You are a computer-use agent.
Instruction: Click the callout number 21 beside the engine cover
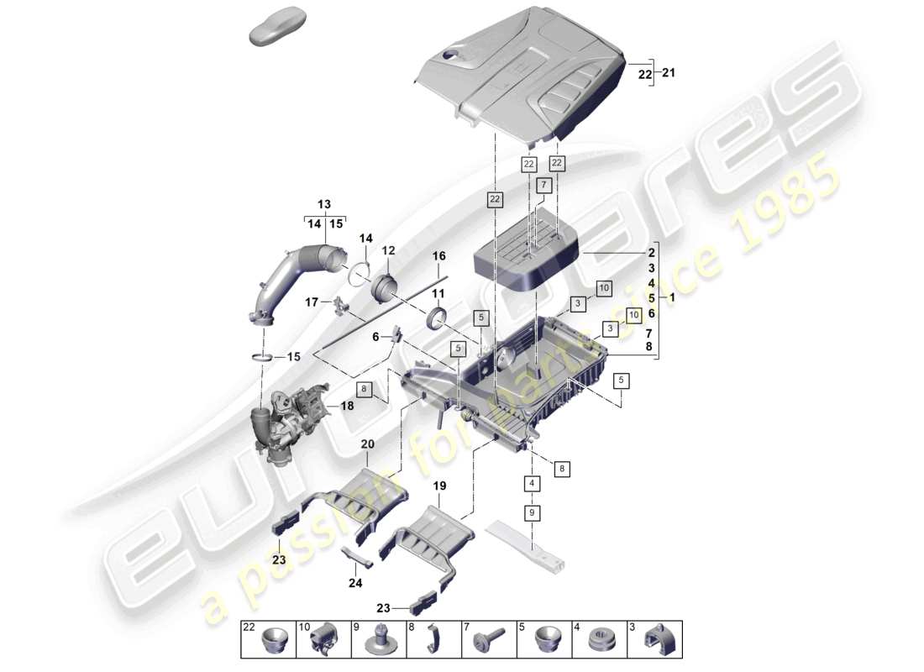[669, 73]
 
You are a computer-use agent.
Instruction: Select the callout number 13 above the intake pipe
[323, 205]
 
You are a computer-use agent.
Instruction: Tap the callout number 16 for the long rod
[438, 256]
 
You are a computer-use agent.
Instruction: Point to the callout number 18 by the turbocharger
[347, 406]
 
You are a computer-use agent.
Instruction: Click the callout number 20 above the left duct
[367, 444]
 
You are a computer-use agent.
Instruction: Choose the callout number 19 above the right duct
[439, 486]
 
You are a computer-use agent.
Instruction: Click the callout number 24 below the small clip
[355, 582]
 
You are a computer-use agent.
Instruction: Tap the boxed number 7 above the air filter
[543, 185]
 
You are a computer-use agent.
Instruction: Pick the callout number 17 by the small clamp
[311, 302]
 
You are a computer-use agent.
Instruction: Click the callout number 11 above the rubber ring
[438, 293]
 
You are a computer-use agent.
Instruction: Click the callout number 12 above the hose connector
[388, 250]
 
